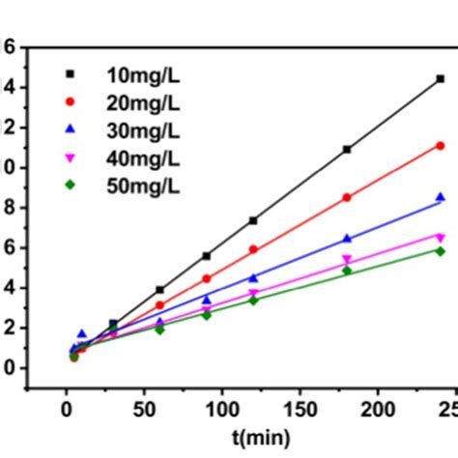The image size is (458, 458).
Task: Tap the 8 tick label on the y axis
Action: pos(9,207)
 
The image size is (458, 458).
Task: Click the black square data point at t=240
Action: pos(440,78)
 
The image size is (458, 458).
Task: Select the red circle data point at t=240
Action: pos(440,146)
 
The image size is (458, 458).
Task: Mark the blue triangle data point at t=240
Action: pos(440,197)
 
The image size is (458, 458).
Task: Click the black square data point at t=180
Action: pos(347,150)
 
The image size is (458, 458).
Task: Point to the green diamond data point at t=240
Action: pos(440,250)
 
